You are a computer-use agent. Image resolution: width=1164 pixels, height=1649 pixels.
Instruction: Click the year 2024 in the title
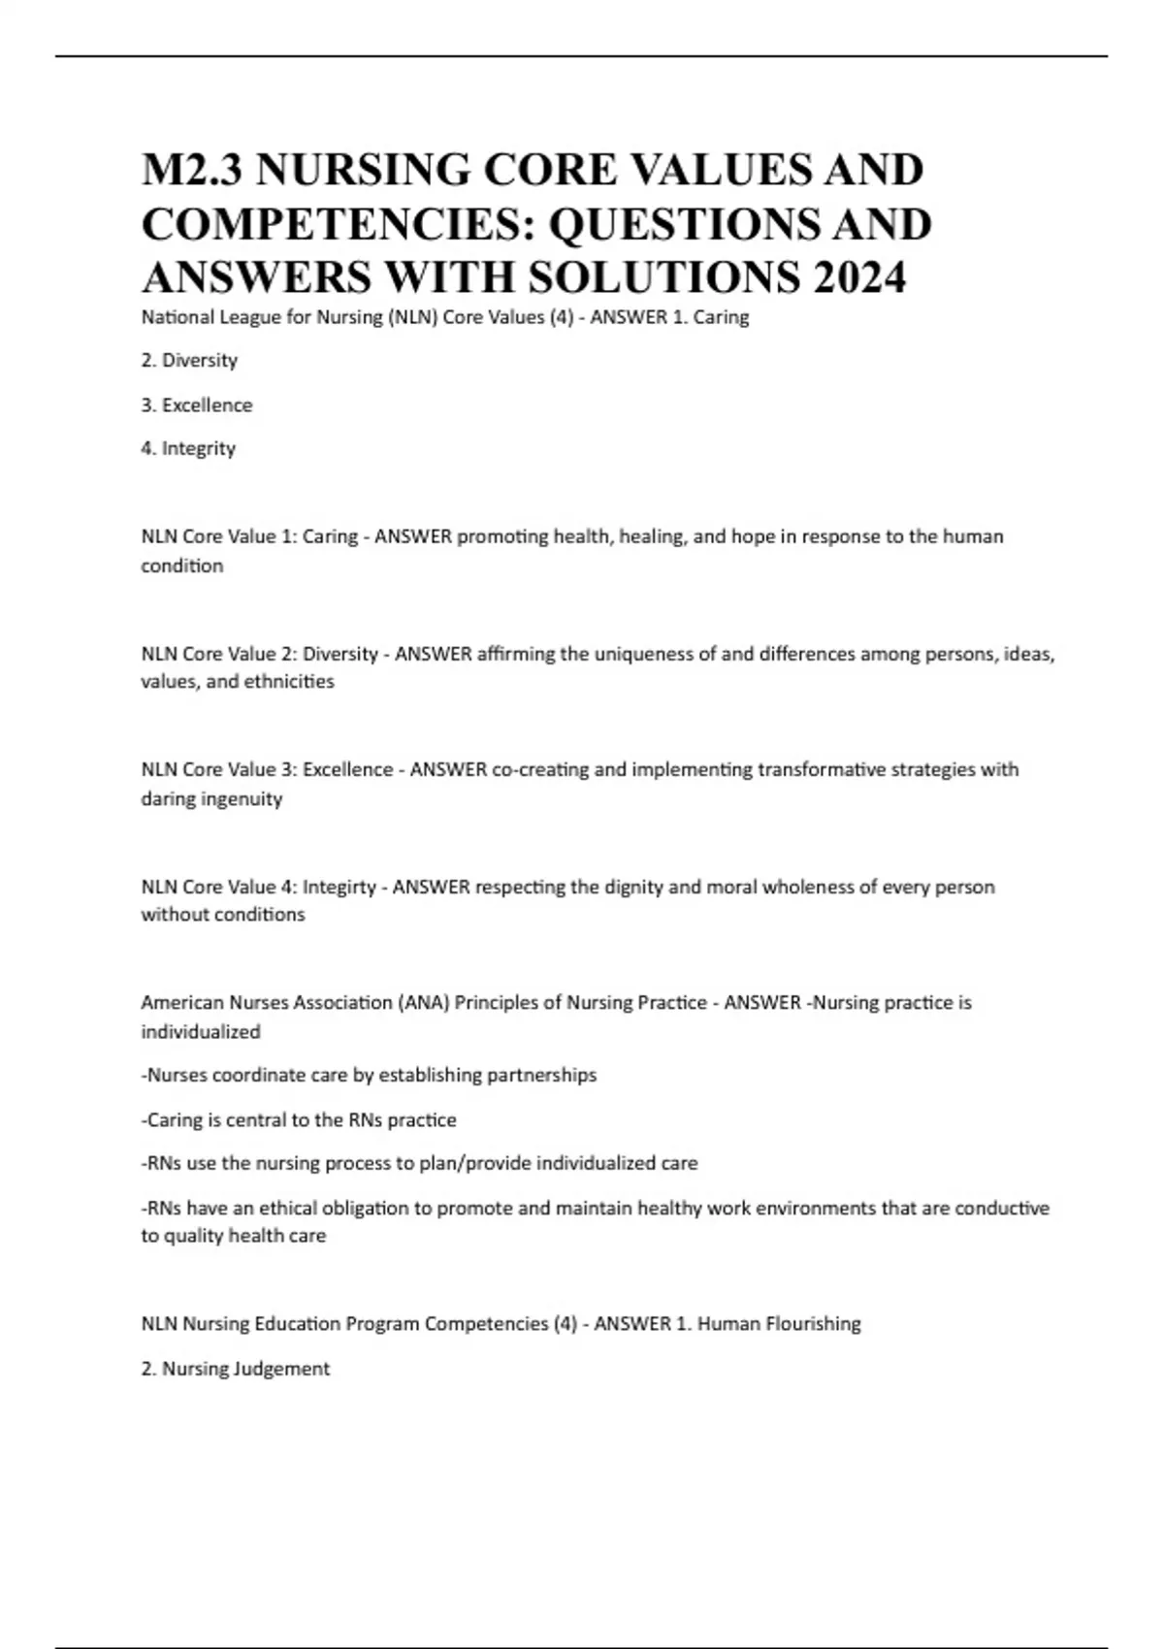click(x=859, y=277)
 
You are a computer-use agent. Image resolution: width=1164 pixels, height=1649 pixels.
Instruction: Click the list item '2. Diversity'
click(x=189, y=360)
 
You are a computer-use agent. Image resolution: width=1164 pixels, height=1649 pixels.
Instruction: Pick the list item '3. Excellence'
click(x=197, y=404)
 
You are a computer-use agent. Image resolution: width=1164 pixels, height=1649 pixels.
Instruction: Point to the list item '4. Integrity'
click(x=188, y=448)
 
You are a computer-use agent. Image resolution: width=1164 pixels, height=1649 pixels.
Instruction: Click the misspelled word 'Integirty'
click(x=339, y=887)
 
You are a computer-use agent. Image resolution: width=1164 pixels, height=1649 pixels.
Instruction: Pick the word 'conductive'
click(x=1002, y=1208)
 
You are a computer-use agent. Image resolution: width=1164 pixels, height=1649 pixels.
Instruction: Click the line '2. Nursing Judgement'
click(x=236, y=1369)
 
